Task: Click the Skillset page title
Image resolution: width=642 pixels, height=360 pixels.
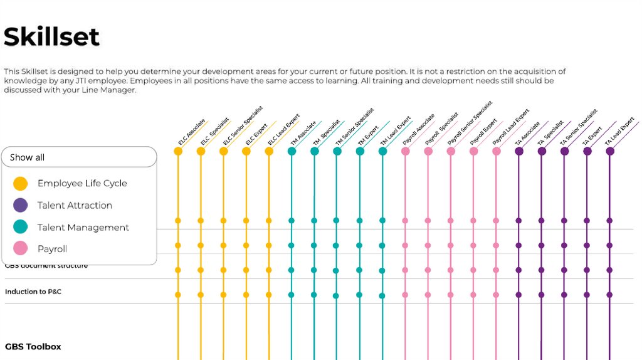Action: pos(51,37)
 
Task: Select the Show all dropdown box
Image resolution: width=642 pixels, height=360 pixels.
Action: pos(79,157)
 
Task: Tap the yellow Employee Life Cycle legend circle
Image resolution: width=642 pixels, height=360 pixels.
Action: pos(21,183)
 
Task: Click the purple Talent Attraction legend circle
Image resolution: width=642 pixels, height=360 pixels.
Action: pos(21,205)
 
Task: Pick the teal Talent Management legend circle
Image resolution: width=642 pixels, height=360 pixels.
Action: pos(21,227)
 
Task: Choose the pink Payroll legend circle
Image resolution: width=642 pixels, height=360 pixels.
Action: pos(21,249)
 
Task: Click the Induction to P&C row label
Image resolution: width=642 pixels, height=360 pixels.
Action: pos(33,292)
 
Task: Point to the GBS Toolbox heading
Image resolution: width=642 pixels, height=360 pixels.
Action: pos(33,346)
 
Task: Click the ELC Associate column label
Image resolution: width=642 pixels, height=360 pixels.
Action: pos(191,132)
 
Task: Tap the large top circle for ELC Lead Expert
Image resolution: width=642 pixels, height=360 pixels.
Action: pos(269,151)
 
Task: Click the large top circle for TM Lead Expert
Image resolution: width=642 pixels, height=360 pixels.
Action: pos(382,151)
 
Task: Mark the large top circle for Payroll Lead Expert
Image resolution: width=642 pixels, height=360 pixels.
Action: pos(497,151)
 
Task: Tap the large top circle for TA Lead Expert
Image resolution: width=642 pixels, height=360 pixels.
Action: pos(610,151)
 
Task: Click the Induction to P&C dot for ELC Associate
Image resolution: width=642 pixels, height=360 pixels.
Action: pos(178,294)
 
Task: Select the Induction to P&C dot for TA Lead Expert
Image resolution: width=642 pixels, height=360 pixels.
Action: pos(610,294)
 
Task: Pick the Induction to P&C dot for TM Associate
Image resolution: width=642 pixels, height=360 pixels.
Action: pos(292,294)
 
